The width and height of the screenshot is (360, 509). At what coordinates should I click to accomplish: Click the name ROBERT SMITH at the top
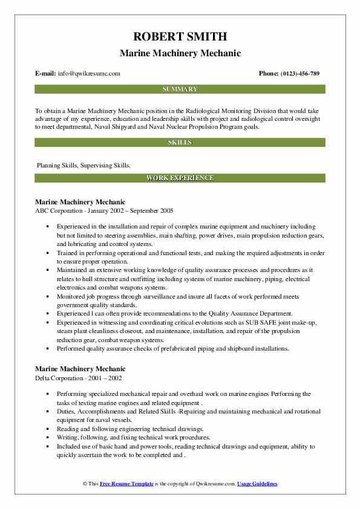pos(180,37)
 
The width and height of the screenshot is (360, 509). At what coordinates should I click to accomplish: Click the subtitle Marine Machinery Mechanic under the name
pos(180,53)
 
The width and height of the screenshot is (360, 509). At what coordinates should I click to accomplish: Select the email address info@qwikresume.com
pos(90,74)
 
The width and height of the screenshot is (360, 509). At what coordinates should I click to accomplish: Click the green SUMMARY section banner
pos(180,89)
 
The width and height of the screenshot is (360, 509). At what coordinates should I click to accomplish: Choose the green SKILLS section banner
pos(180,143)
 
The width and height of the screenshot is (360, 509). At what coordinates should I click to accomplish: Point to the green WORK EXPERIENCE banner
pos(180,178)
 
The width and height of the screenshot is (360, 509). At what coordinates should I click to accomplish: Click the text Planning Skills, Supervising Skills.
pos(83,164)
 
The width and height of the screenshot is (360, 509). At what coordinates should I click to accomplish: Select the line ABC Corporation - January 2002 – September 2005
pos(104,211)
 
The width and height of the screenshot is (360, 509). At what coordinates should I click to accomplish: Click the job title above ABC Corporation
pos(80,202)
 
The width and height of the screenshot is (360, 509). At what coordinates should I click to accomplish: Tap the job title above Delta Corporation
pos(80,369)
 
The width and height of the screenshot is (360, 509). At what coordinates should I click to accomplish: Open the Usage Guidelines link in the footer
pos(257,484)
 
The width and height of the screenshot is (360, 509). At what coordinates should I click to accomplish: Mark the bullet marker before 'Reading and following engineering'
pos(47,428)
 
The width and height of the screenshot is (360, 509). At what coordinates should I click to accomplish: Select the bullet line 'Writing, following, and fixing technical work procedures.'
pos(134,436)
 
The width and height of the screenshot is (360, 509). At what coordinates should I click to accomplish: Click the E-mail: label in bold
pos(46,74)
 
